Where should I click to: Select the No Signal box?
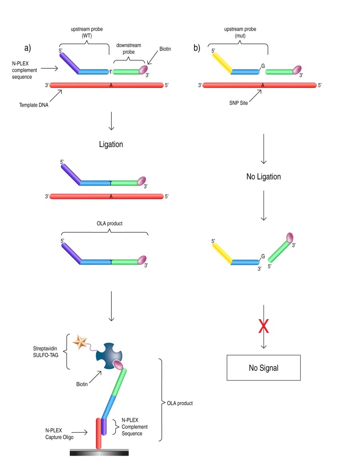coord(263,367)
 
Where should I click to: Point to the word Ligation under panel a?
coord(111,144)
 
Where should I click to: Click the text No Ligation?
coord(263,176)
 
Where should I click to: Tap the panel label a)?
coord(28,48)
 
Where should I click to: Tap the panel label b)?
coord(197,48)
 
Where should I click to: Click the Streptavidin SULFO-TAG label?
coord(45,351)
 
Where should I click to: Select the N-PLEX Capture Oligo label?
coord(59,434)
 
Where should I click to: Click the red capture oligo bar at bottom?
coord(98,433)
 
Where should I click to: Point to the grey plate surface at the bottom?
coord(99,452)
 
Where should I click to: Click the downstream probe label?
coord(129,49)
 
